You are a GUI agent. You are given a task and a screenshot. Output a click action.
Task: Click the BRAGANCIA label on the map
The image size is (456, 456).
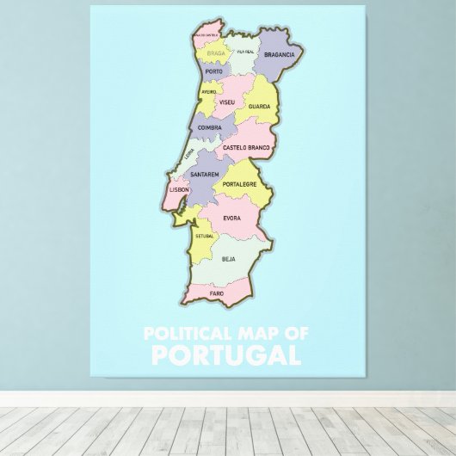(280, 54)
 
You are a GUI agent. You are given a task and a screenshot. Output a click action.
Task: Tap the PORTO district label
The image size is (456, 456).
(214, 71)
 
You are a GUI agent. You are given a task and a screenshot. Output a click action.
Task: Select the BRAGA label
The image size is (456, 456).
(216, 53)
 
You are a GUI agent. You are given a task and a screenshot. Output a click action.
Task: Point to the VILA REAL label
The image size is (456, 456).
(245, 52)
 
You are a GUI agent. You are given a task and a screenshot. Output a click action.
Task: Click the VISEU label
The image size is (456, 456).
(227, 102)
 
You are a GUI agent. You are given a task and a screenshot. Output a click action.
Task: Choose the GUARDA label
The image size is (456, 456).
(259, 107)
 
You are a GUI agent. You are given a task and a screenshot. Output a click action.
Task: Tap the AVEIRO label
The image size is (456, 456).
(209, 91)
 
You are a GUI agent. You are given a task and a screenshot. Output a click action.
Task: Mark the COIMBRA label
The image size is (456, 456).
(210, 127)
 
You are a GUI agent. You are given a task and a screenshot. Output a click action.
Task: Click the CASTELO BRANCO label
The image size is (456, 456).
(246, 148)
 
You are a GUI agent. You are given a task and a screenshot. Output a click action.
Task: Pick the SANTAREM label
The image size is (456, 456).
(205, 175)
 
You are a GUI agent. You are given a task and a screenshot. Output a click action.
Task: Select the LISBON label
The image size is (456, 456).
(179, 189)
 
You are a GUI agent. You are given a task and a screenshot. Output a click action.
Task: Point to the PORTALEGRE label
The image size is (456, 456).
(240, 184)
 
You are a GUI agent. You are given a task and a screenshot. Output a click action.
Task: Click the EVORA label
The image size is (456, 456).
(232, 218)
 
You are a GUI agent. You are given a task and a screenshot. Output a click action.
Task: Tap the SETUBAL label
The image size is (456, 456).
(204, 235)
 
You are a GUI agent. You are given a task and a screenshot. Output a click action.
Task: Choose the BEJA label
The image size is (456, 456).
(229, 258)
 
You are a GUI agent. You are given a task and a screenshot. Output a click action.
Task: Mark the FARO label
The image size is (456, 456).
(217, 293)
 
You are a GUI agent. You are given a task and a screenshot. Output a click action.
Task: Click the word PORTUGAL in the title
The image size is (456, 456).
(226, 354)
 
